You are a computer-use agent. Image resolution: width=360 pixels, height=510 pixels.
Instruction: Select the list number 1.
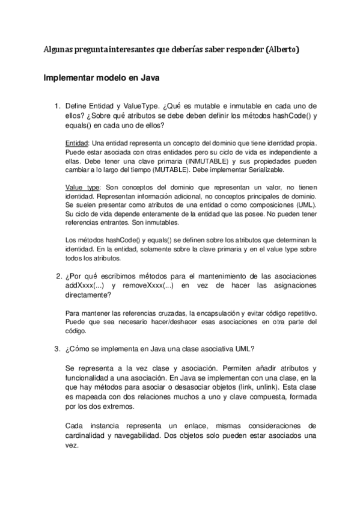(x=56, y=105)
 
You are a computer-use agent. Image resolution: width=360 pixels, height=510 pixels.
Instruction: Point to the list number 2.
(x=56, y=276)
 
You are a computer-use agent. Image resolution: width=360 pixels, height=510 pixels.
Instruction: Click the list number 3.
(x=56, y=348)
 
